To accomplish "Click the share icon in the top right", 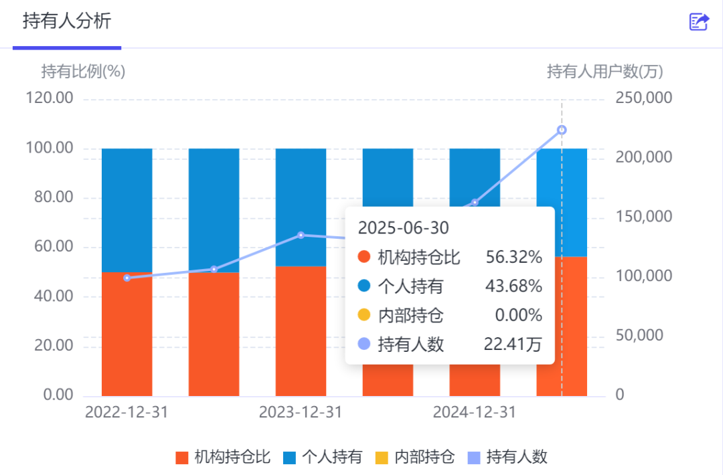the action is tap(698, 21).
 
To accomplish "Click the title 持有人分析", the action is tap(67, 21).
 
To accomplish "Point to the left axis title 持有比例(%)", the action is tap(83, 72).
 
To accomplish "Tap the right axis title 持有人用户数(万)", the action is tap(605, 72).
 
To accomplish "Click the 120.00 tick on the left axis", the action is tap(50, 98).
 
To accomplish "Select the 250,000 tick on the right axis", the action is tap(644, 98).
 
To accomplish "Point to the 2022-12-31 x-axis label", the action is tap(127, 412).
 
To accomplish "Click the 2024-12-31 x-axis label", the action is tap(475, 412).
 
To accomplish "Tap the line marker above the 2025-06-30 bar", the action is tap(562, 130).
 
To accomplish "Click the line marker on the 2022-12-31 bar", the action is tap(127, 278).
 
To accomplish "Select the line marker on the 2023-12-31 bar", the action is tap(301, 235).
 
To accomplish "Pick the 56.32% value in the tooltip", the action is tap(513, 257).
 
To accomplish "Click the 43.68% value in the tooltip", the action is tap(513, 286).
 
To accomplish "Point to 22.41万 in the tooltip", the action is tap(513, 344).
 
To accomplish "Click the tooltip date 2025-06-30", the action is tap(404, 227).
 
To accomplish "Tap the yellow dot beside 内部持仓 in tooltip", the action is tap(364, 314).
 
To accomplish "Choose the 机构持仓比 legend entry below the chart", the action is tap(223, 457).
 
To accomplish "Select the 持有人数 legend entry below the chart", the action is tap(507, 457).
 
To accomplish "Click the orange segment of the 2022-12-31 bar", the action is tap(127, 334).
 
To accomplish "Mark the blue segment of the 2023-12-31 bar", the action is tap(301, 207).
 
